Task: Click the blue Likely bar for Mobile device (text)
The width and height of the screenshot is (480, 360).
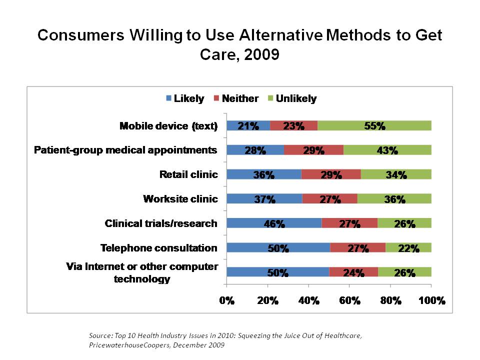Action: click(248, 125)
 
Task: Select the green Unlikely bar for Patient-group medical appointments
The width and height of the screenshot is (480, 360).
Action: click(387, 150)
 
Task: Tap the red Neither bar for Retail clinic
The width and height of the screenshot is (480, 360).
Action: click(331, 174)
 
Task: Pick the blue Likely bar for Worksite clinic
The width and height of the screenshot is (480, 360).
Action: click(264, 199)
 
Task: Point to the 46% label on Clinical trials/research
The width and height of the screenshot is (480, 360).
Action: click(274, 223)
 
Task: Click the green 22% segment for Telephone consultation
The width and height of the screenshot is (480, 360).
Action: click(408, 248)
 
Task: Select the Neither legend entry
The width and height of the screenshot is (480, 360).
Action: click(236, 98)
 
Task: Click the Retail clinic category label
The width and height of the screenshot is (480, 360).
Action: click(188, 174)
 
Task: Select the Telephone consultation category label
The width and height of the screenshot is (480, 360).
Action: click(159, 248)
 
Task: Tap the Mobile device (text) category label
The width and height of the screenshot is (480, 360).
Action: click(168, 126)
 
